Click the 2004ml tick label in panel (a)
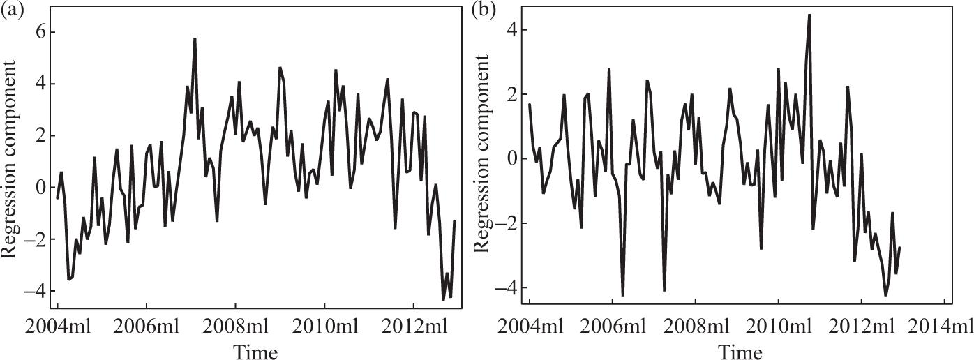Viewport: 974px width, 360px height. coord(57,327)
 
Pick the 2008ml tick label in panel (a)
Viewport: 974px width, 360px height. coord(235,327)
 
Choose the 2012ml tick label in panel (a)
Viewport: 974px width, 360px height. coord(413,327)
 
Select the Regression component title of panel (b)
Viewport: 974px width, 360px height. coord(481,159)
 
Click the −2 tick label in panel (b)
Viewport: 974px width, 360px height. coord(508,223)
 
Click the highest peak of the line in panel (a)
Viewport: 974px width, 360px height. coord(195,39)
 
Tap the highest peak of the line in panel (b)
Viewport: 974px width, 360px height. coord(809,15)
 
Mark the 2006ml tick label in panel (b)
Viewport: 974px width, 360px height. coord(612,327)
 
